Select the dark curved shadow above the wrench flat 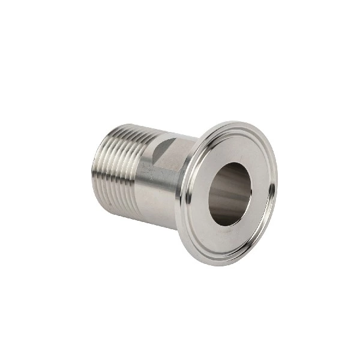pos(169,144)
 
